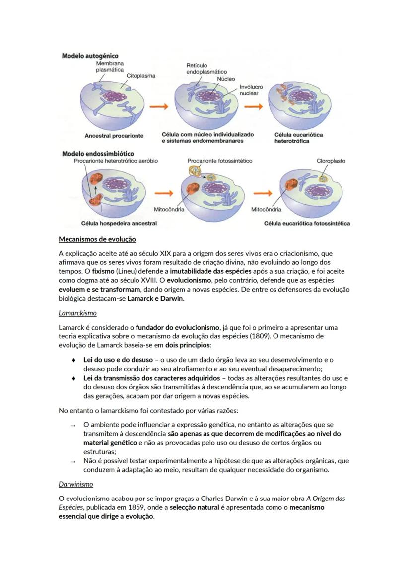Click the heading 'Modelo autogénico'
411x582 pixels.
point(90,56)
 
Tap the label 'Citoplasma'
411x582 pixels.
point(140,76)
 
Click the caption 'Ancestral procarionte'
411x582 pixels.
point(114,135)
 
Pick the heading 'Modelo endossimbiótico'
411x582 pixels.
point(97,154)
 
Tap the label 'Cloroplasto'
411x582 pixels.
point(331,161)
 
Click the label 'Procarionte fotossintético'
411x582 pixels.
point(219,161)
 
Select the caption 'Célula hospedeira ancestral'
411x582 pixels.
point(119,223)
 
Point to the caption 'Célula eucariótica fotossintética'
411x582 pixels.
point(307,223)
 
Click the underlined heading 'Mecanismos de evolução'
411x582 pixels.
point(97,239)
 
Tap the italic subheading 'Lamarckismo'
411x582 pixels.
point(77,313)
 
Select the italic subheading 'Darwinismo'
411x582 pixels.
point(76,484)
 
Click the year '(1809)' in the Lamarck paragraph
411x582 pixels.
point(261,336)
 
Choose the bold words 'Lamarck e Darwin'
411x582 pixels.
point(155,299)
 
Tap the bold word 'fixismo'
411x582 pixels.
point(103,272)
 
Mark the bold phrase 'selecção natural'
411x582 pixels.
point(196,507)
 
